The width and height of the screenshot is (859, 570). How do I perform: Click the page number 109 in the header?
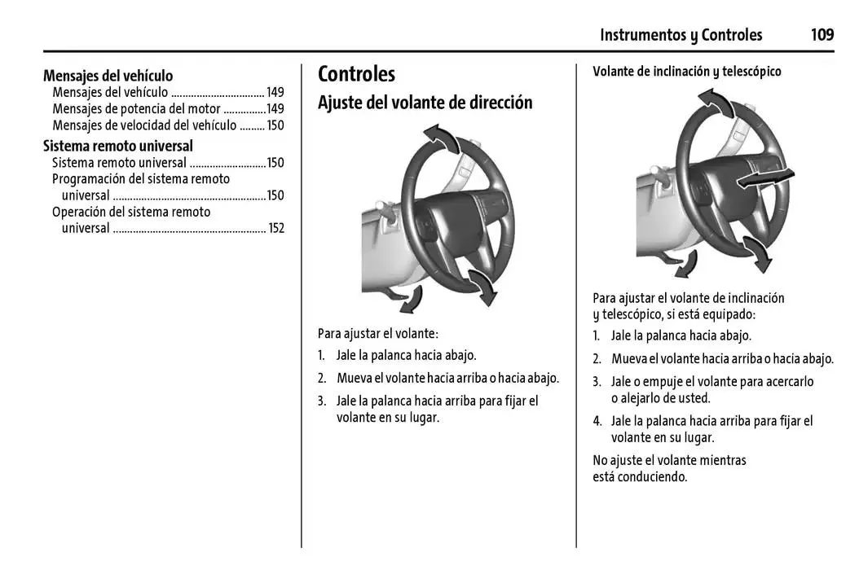822,35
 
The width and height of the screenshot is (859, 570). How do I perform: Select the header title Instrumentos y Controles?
681,35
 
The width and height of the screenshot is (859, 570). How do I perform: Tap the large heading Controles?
356,74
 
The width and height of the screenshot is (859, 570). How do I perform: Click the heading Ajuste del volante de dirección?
425,103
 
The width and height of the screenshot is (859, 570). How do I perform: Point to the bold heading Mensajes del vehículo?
108,76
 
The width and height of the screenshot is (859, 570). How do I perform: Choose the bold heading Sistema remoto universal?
117,146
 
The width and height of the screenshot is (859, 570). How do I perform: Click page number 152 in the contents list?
276,229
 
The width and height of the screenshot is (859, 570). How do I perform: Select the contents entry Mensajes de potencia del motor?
136,109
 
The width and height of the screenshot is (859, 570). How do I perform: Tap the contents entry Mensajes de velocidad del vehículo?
144,125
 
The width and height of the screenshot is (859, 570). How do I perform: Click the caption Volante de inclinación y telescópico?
686,72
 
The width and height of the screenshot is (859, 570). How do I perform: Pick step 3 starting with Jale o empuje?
711,389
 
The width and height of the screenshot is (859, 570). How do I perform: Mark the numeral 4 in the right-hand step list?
597,421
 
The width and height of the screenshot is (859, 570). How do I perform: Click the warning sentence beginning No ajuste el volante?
668,468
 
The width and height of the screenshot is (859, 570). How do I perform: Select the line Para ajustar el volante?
377,333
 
